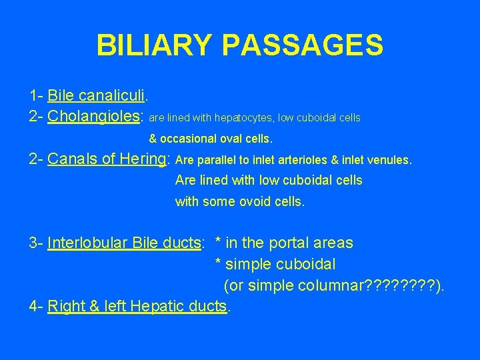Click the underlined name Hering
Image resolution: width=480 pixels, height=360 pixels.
147,159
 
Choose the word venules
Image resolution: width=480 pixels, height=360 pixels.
393,160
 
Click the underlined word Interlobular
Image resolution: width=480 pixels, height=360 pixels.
88,243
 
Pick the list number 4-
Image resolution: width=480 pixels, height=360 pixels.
37,307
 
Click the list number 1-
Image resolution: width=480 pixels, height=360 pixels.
37,97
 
